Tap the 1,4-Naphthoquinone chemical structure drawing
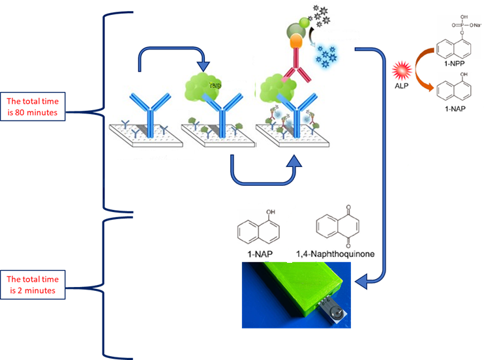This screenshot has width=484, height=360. pos(335,226)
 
